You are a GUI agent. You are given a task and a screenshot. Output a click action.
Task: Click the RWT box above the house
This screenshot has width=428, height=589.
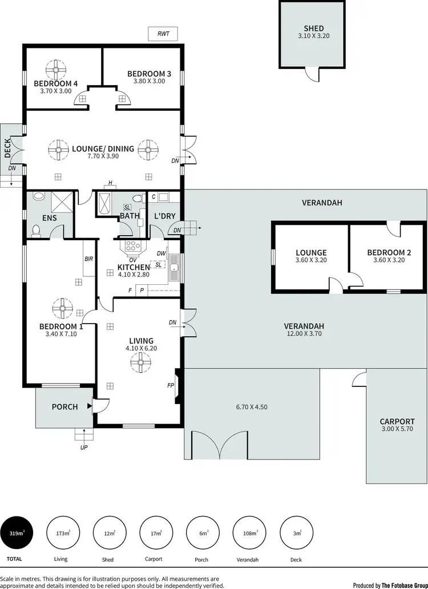[x=163, y=34]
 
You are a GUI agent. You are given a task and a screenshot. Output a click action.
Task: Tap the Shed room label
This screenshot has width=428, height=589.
[x=313, y=29]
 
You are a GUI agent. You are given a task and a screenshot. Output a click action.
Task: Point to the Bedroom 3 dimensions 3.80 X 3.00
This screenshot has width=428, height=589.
[x=149, y=81]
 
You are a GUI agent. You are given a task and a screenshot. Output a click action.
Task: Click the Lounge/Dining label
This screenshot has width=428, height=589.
[x=103, y=148]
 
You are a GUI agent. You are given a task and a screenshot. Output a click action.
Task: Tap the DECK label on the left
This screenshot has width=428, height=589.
[x=7, y=148]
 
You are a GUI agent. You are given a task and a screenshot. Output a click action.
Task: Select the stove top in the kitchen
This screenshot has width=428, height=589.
[x=132, y=246]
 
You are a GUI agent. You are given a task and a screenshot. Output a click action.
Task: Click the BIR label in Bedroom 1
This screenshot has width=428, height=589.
[x=88, y=259]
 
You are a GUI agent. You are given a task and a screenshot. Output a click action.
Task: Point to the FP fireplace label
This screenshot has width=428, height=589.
[x=170, y=385]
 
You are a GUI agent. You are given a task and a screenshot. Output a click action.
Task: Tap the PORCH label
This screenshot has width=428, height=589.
[x=64, y=407]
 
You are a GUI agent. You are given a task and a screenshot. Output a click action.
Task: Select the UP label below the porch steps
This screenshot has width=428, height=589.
[x=84, y=447]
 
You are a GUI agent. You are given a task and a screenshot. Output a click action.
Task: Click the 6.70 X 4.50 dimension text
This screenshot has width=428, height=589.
[x=252, y=407]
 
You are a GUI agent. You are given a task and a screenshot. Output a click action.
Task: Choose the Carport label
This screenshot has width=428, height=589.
[x=397, y=422]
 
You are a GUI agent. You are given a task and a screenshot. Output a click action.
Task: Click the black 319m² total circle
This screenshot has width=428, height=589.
[x=17, y=533]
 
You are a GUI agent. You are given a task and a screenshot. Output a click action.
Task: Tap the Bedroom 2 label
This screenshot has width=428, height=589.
[x=389, y=252]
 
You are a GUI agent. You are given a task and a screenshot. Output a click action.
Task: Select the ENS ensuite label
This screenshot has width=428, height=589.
[x=50, y=217]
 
